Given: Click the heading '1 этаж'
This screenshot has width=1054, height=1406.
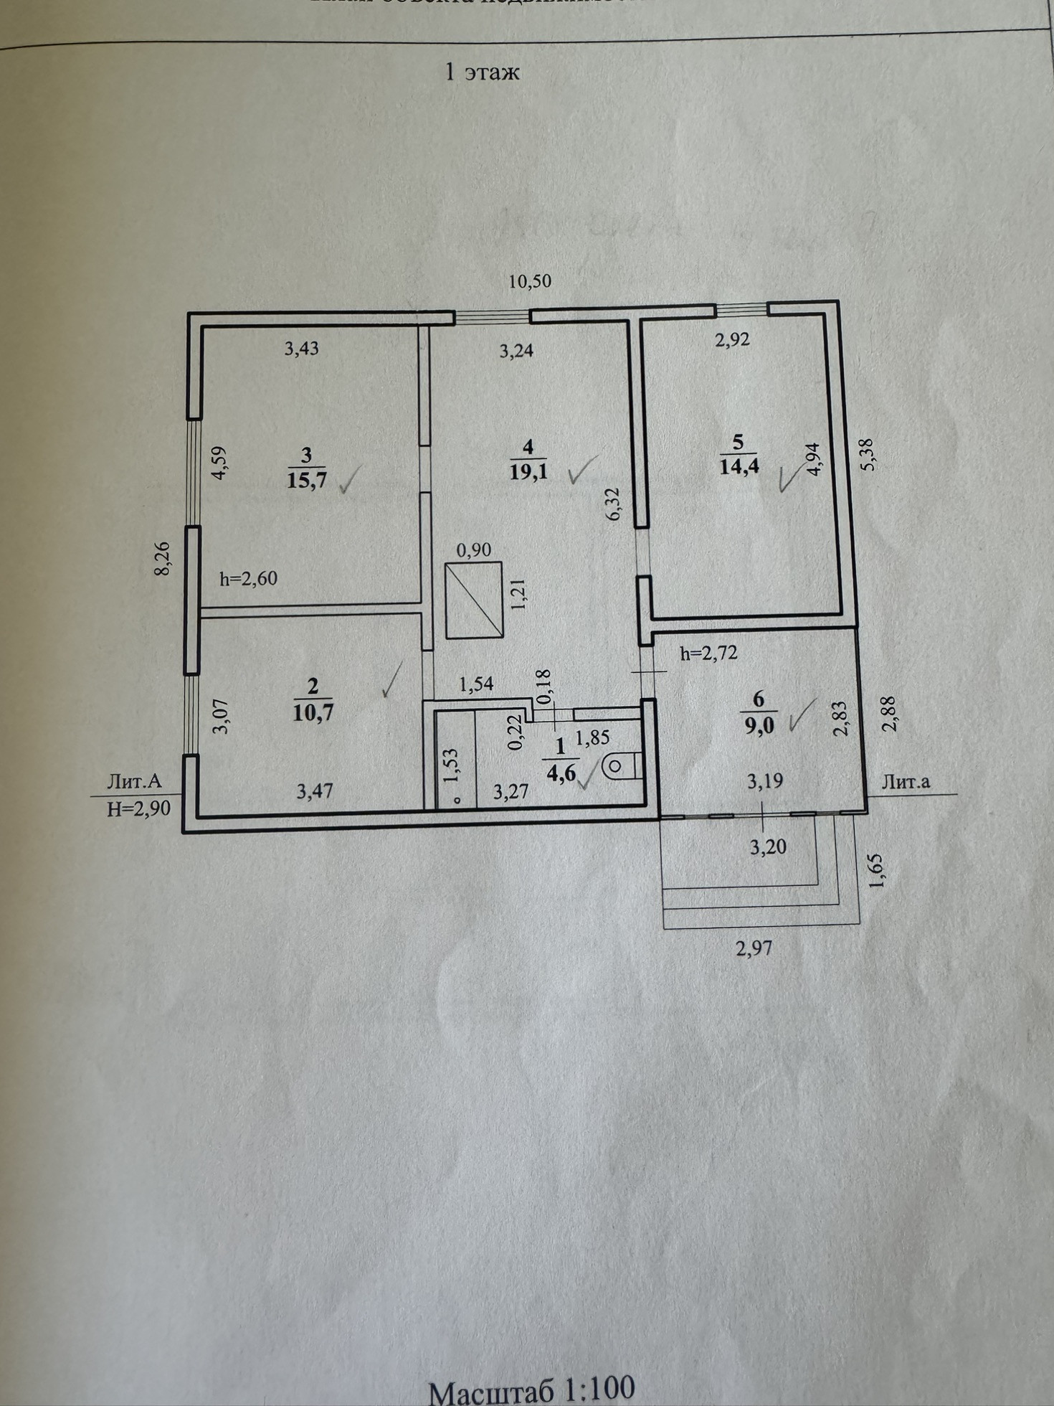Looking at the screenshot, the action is pos(482,72).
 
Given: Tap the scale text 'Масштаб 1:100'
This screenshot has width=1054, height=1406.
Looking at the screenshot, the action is pos(531,1389).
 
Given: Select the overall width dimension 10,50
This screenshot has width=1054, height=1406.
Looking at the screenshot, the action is pos(530,281).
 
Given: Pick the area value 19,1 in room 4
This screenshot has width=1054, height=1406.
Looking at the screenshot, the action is pos(528,471).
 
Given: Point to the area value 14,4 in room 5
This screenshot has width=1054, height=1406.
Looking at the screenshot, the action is pos(739,466).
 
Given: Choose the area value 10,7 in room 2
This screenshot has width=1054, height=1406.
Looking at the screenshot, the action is pos(313,713).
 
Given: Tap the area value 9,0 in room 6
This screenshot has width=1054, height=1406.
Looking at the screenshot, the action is pos(759,725).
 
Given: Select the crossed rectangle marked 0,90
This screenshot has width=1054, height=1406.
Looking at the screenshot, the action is pos(474,600).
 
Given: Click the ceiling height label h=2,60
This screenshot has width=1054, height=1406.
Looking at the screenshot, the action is pos(248,578).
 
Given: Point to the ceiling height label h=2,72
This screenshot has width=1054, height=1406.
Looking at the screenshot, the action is pos(708,654).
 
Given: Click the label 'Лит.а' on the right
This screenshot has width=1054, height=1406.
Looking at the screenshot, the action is pos(906,782).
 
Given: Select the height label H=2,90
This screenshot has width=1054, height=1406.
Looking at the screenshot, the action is pos(138,809).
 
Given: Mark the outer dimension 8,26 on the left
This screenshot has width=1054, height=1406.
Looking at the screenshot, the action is pos(163,558).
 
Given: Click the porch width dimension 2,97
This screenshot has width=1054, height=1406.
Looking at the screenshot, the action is pos(754,948).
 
